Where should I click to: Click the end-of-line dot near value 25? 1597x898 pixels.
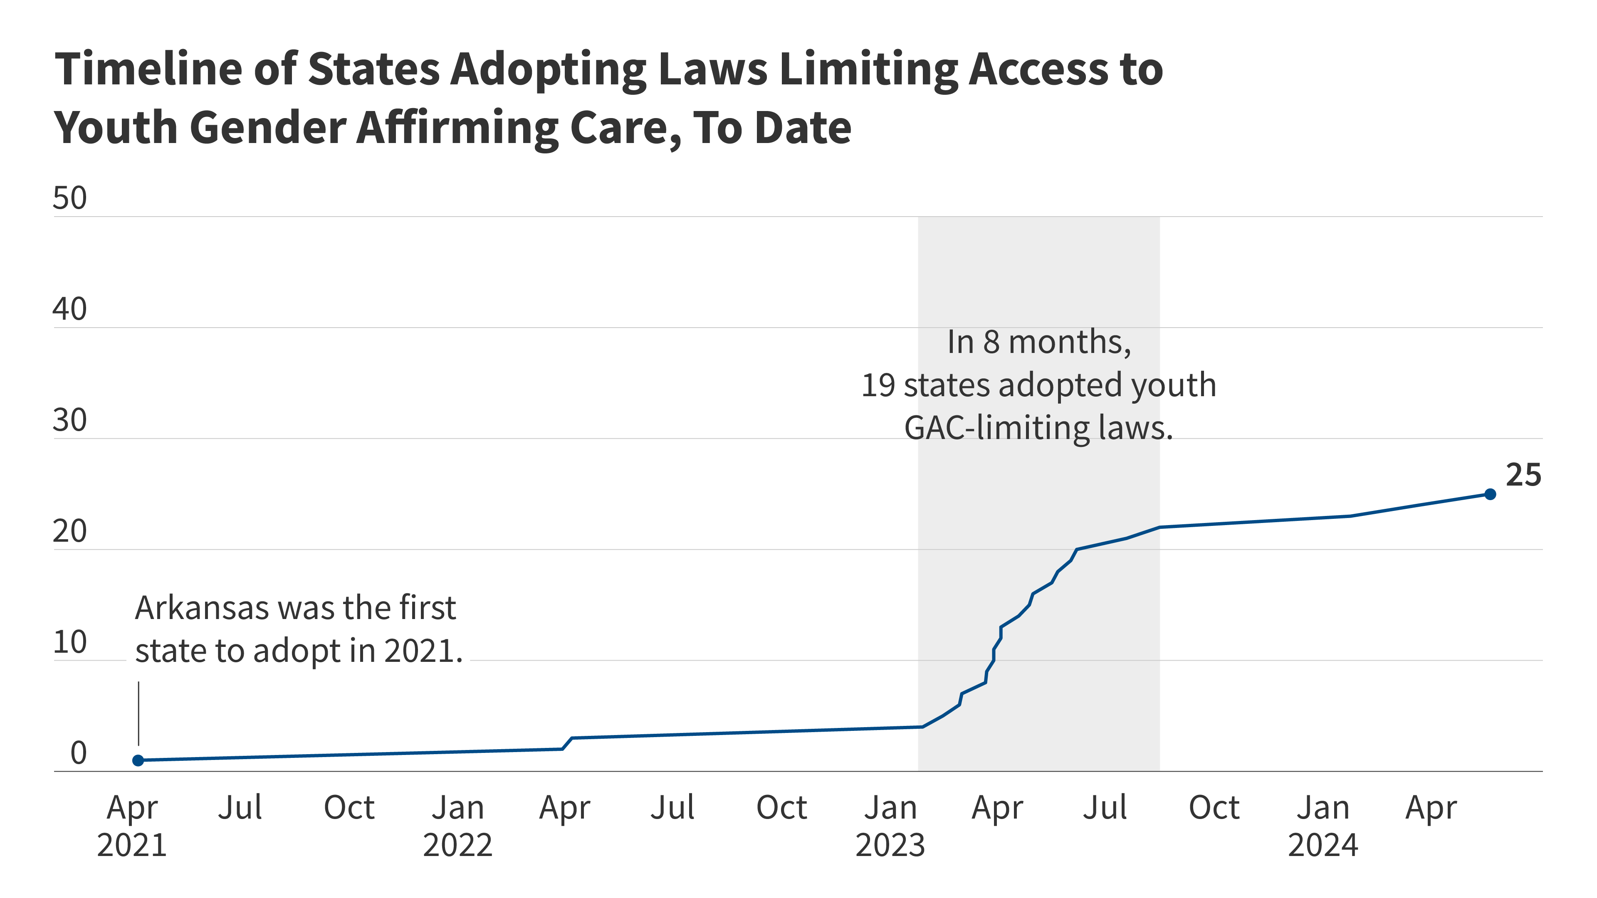pos(1490,494)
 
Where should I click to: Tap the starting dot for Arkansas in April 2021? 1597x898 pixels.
pos(138,760)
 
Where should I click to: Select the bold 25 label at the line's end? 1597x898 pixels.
pos(1523,475)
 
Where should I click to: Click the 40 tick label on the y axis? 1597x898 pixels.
pos(69,309)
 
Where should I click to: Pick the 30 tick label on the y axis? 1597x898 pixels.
pos(69,421)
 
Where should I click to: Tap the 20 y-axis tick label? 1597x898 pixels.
pos(69,531)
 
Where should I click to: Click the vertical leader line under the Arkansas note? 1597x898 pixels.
pos(138,713)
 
